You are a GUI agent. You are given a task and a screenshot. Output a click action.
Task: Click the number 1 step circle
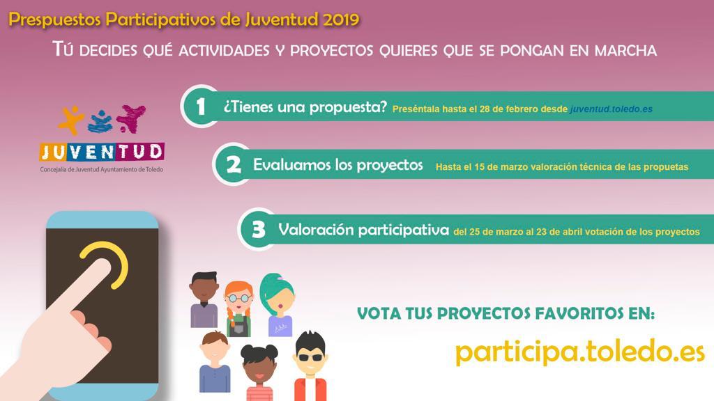click(201, 107)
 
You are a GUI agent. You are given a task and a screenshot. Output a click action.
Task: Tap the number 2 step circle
click(233, 164)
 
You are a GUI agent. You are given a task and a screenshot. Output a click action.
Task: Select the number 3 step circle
click(258, 229)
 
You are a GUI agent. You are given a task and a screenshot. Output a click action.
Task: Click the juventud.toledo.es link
click(612, 109)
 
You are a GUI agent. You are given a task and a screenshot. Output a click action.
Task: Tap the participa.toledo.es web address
click(579, 352)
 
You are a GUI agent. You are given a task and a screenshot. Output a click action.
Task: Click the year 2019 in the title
click(340, 19)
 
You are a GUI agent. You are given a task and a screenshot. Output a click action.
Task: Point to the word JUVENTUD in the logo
click(102, 152)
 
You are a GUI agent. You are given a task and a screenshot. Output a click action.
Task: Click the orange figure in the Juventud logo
click(70, 120)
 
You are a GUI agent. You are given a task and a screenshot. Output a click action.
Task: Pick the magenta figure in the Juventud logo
click(131, 118)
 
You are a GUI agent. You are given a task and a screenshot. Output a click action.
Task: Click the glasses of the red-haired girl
click(239, 298)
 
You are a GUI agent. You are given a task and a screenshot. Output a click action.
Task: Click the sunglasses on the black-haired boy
click(311, 357)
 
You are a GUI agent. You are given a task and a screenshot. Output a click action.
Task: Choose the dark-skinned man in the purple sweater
click(204, 299)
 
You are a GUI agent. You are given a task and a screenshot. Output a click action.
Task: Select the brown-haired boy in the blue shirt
click(215, 362)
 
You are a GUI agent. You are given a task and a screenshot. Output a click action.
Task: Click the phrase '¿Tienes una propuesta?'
click(305, 107)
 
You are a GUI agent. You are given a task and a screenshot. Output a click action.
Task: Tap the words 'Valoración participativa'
click(364, 230)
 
